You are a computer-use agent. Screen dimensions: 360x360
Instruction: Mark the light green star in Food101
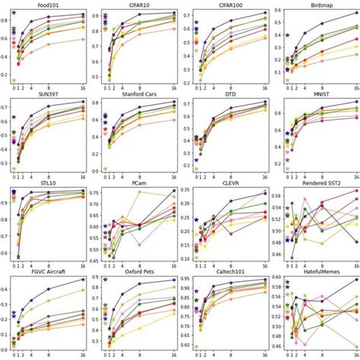click(x=14, y=80)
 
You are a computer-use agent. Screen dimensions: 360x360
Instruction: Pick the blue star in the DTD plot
click(x=196, y=160)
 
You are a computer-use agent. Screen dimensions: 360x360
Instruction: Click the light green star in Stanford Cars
click(x=105, y=169)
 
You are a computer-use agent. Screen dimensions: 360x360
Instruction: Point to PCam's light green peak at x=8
click(x=139, y=191)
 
